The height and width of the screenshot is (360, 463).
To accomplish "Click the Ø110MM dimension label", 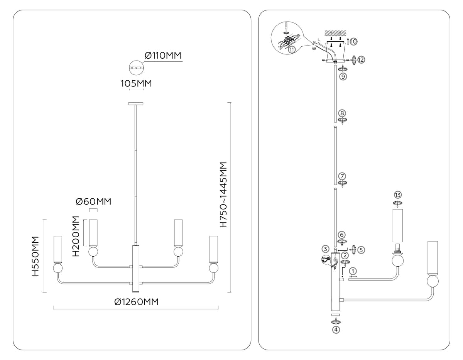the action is tap(163, 56).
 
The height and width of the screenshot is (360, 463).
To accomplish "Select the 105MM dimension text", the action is tap(136, 83).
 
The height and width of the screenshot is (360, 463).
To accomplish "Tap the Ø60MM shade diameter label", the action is tap(93, 201).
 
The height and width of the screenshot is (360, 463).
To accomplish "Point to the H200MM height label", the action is tap(76, 236).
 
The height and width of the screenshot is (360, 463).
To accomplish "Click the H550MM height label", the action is tap(35, 256).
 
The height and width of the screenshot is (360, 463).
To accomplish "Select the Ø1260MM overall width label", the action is tap(136, 302).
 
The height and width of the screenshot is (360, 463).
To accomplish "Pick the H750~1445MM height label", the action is tap(223, 195).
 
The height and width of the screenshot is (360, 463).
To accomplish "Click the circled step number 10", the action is tap(353, 41).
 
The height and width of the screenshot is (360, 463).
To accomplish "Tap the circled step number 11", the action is tap(292, 50).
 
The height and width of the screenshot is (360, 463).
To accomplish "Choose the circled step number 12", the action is tap(361, 60).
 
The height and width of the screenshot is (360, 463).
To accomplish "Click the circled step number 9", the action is tap(343, 76).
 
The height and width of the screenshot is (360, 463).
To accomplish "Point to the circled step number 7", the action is tap(342, 176).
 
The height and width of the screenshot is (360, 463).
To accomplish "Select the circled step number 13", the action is tap(398, 195).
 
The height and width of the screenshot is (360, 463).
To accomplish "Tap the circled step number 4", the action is tap(336, 330).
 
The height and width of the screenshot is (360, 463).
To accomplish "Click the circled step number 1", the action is tap(353, 271).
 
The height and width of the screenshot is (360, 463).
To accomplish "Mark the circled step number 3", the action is tap(325, 249).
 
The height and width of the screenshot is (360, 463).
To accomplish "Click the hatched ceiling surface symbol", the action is tap(335, 33).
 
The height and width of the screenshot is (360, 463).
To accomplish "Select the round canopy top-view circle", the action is tap(136, 68).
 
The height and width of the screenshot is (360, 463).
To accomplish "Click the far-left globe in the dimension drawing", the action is tap(58, 268).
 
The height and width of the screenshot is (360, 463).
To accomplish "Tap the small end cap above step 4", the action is tap(336, 314).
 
